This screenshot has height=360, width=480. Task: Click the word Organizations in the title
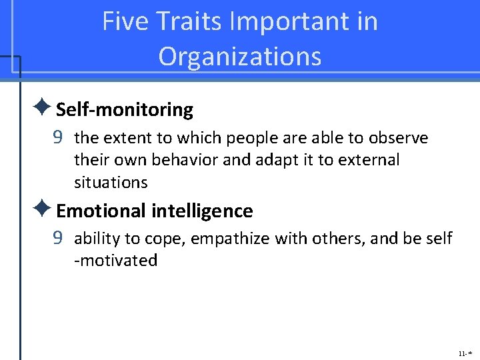tap(240, 57)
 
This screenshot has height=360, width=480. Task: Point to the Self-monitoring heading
tap(125, 109)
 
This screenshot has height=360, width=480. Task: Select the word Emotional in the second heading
tap(101, 211)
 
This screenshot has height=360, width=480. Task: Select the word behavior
tap(179, 160)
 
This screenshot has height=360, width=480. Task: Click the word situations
tap(111, 182)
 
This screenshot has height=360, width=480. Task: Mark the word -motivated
tap(115, 261)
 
